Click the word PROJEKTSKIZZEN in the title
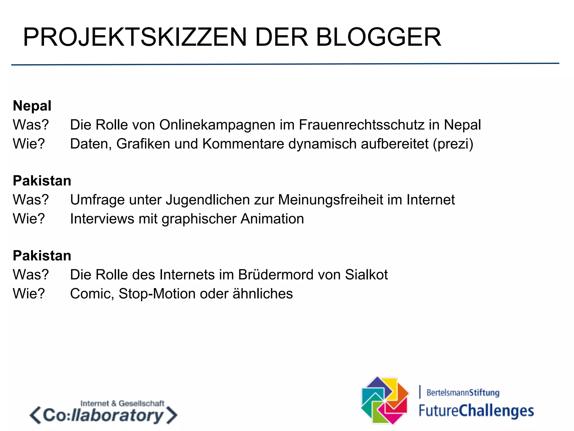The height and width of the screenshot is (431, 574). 135,37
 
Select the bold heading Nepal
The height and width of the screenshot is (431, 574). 32,106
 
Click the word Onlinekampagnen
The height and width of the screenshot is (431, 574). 217,125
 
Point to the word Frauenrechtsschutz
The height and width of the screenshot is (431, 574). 362,125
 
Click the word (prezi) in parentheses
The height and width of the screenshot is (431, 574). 453,144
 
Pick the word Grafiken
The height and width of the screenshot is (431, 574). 143,144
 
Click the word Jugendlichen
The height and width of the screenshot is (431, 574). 208,200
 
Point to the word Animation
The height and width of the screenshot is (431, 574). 272,219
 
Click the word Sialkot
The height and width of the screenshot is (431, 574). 366,275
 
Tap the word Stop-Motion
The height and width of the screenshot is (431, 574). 157,294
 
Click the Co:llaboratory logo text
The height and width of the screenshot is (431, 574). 103,416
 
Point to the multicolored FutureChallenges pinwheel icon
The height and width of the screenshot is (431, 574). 385,400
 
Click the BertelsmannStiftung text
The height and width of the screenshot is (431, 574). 463,392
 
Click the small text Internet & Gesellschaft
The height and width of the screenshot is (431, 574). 122,404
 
